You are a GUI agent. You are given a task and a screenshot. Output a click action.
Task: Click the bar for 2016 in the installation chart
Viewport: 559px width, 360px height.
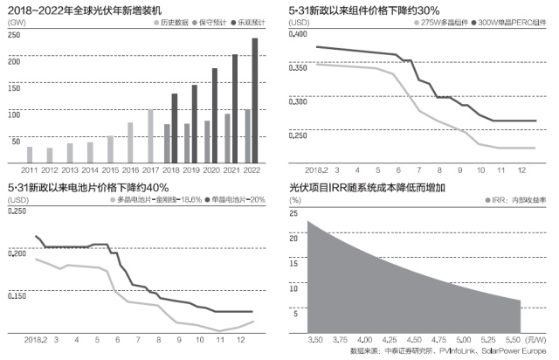point(130,142)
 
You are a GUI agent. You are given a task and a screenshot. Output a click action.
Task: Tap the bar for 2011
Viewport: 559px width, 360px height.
point(30,155)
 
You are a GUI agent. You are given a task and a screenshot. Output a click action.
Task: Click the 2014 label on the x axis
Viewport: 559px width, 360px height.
point(90,170)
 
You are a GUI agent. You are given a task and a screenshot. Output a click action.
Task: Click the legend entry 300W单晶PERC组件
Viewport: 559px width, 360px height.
point(506,20)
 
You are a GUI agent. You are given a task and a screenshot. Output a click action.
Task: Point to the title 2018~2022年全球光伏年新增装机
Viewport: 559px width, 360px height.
point(84,8)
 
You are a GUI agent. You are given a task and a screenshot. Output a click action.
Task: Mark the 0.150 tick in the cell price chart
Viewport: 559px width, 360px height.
point(17,298)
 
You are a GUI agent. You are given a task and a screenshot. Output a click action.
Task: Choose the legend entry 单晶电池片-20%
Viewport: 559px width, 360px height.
point(235,199)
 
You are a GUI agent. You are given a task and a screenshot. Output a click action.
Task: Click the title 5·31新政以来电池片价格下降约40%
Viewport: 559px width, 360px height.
point(87,186)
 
